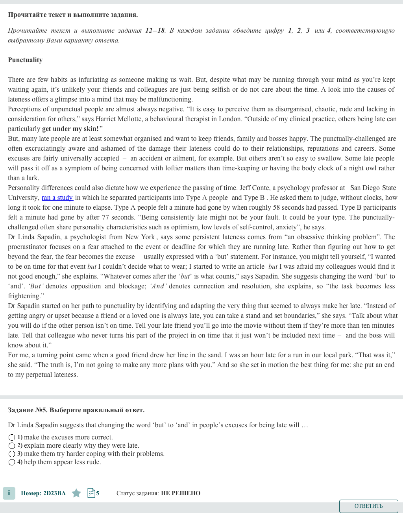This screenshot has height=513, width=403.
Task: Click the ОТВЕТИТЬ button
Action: point(368,506)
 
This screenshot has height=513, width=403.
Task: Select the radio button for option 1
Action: point(12,437)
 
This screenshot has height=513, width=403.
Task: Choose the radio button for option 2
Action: point(12,446)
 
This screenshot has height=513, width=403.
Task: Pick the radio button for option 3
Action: point(12,454)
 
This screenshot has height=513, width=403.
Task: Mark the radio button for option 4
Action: point(12,462)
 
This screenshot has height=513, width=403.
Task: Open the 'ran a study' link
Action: point(57,198)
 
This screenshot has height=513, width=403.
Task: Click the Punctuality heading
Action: point(25,60)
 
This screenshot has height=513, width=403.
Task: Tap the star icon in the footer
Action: point(76,493)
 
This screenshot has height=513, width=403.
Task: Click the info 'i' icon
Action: point(9,493)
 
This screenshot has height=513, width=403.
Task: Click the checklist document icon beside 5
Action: point(91,493)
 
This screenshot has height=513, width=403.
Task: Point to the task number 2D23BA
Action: point(54,493)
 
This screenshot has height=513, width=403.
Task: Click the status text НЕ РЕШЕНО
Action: point(181,493)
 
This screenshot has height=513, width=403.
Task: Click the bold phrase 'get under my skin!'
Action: point(70,129)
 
